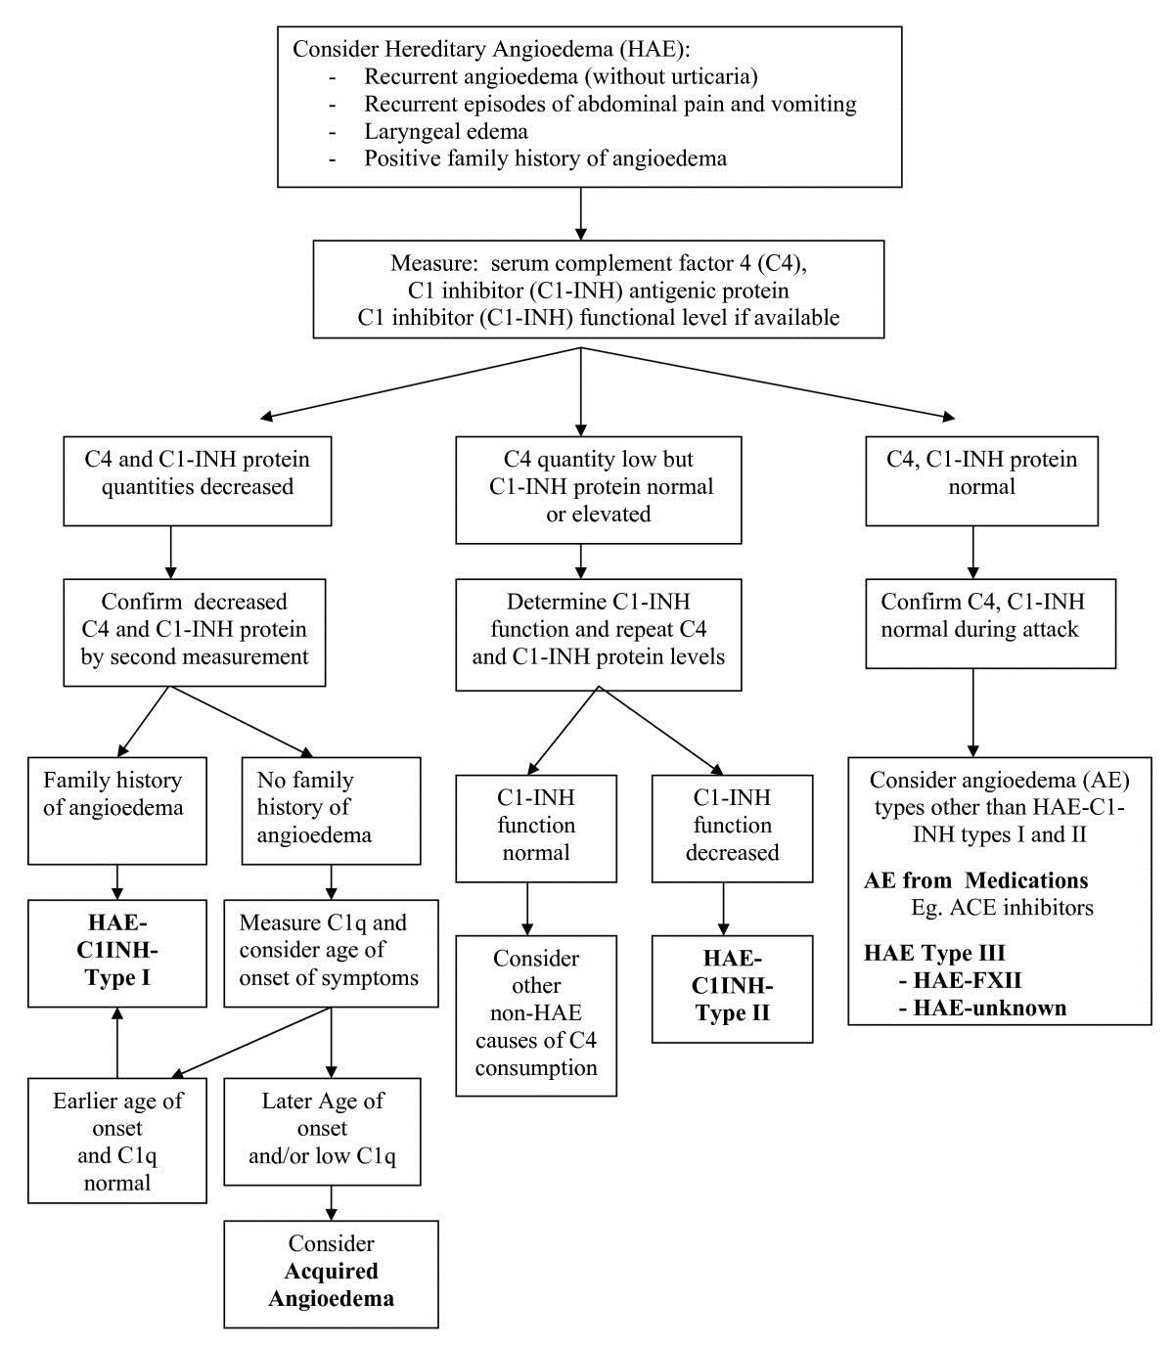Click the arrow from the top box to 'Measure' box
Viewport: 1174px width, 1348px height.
pyautogui.click(x=580, y=213)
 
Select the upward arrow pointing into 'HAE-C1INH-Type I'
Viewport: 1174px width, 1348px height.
pyautogui.click(x=117, y=1042)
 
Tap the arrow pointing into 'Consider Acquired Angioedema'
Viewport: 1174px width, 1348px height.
pyautogui.click(x=331, y=1203)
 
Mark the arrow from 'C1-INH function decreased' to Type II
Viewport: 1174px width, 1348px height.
pyautogui.click(x=723, y=909)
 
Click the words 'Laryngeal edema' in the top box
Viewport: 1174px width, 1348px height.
pyautogui.click(x=446, y=131)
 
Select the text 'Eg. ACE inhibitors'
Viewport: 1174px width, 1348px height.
pyautogui.click(x=1002, y=907)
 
